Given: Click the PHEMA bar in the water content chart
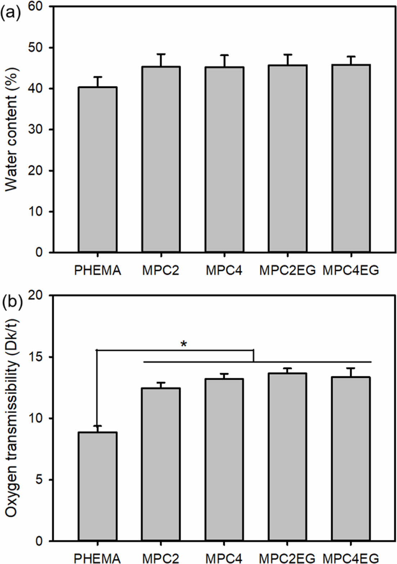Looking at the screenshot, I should (x=98, y=169).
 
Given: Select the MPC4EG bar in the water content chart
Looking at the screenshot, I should (x=351, y=158).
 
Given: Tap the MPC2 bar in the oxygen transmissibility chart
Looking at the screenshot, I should (x=161, y=465).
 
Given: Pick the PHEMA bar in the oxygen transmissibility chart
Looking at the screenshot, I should (x=98, y=487).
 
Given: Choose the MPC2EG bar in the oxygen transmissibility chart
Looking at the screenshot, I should (x=287, y=457).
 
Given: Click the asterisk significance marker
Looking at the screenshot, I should (x=184, y=344).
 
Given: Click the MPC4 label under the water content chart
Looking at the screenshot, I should (x=224, y=270).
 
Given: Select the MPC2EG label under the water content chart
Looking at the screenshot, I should (x=287, y=270).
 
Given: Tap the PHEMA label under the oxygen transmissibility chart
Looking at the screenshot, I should (x=97, y=559).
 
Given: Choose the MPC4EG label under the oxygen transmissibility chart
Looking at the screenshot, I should (x=351, y=559).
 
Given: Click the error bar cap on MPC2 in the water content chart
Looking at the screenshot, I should (x=161, y=54).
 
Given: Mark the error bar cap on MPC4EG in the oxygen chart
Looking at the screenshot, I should (x=351, y=368).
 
